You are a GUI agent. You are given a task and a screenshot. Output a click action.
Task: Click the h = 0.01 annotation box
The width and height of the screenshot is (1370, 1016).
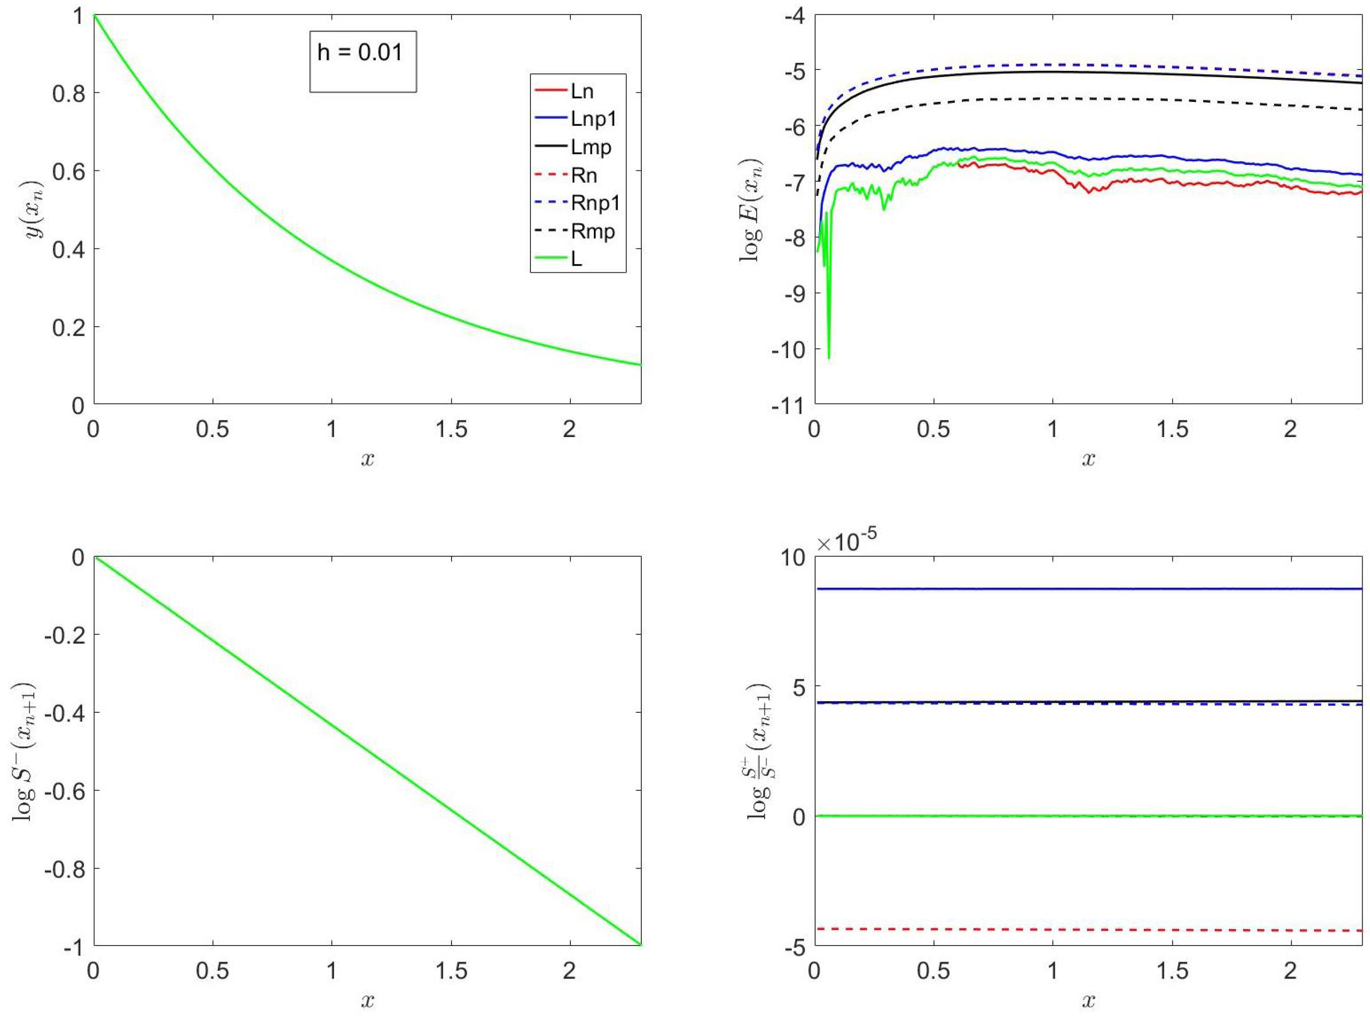click(x=362, y=61)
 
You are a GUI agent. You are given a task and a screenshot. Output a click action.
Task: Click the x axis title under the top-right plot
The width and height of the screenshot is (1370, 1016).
click(x=1088, y=460)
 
